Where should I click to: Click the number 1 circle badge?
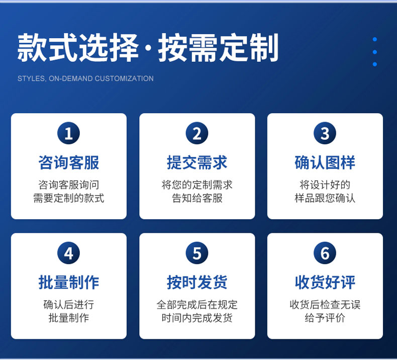coord(69,133)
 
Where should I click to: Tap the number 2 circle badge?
coord(197,133)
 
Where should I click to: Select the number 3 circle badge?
coord(325,133)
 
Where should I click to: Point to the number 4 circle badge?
coord(69,253)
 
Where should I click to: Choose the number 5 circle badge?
coord(197,253)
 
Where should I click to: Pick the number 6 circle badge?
coord(325,253)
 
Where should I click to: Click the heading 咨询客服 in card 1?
coord(69,162)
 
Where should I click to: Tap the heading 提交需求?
coord(197,162)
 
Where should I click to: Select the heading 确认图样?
coord(325,162)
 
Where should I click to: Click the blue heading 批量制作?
coord(69,282)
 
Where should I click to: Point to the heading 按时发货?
coord(197,282)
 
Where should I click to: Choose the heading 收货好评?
coord(325,282)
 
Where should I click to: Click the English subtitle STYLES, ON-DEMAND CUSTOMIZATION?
coord(85,78)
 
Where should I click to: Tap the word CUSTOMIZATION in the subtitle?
coord(124,78)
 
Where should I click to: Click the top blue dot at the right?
coord(375,39)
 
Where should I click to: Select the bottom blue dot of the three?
coord(375,64)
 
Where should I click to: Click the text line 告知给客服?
coord(197,198)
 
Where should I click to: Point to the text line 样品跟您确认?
coord(325,198)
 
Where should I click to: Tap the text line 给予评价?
coord(325,318)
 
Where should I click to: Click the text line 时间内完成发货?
coord(197,318)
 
